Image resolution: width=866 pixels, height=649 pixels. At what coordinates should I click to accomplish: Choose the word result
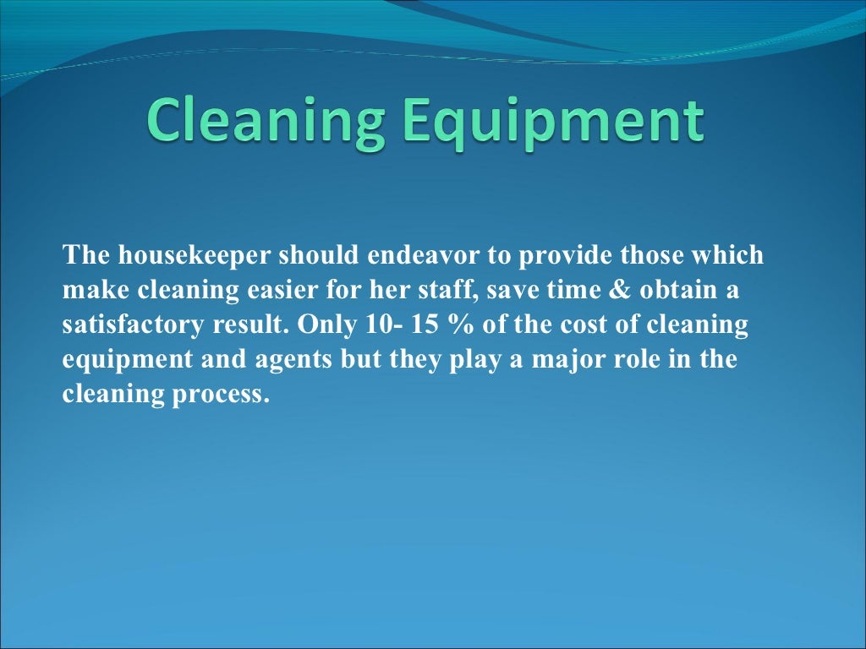click(252, 325)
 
